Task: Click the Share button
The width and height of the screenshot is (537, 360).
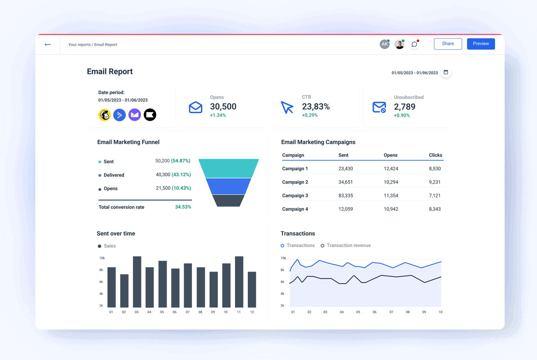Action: pyautogui.click(x=448, y=44)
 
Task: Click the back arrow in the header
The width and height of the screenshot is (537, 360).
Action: pyautogui.click(x=48, y=44)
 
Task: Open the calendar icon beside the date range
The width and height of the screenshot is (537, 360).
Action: pyautogui.click(x=446, y=72)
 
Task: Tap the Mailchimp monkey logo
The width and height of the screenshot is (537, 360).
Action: pyautogui.click(x=105, y=115)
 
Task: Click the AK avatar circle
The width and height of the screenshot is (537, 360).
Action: pyautogui.click(x=384, y=44)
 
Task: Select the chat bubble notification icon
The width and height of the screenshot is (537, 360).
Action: pyautogui.click(x=414, y=44)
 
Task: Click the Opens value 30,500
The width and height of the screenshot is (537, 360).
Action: pyautogui.click(x=223, y=106)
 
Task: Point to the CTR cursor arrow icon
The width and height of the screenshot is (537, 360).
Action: pyautogui.click(x=287, y=107)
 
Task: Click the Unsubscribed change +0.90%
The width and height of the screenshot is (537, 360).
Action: pyautogui.click(x=402, y=115)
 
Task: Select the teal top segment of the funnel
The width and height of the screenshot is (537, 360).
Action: pyautogui.click(x=229, y=168)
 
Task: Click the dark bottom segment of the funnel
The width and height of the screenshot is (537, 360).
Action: pyautogui.click(x=228, y=200)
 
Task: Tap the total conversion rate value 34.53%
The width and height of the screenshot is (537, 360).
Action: pyautogui.click(x=183, y=207)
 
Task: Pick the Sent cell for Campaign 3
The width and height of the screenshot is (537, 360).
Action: pyautogui.click(x=345, y=195)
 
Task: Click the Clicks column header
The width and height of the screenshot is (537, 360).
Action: pyautogui.click(x=435, y=155)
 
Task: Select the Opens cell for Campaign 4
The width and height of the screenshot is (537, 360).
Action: pyautogui.click(x=391, y=209)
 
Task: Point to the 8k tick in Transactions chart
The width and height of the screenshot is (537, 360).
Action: pyautogui.click(x=282, y=270)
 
